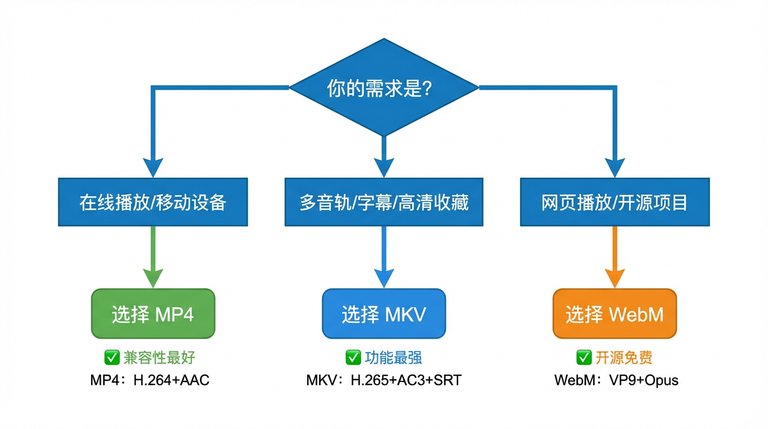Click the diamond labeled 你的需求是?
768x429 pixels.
[x=383, y=88]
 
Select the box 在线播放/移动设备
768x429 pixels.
[x=153, y=202]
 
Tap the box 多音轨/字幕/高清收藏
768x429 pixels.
[x=383, y=202]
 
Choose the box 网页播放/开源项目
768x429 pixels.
[x=615, y=202]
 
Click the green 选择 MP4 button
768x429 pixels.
[x=153, y=314]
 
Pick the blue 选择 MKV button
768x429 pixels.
[x=383, y=314]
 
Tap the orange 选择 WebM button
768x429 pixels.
[x=615, y=314]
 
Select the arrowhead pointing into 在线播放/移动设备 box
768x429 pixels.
[x=153, y=167]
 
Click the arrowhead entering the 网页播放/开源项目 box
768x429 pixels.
[x=615, y=167]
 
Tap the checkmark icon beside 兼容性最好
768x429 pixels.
[x=112, y=357]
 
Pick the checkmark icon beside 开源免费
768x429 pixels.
[x=583, y=357]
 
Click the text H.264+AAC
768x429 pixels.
[x=171, y=381]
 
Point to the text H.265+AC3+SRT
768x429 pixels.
[x=406, y=381]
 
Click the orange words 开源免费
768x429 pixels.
[x=623, y=357]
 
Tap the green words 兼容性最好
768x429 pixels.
[x=159, y=357]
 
